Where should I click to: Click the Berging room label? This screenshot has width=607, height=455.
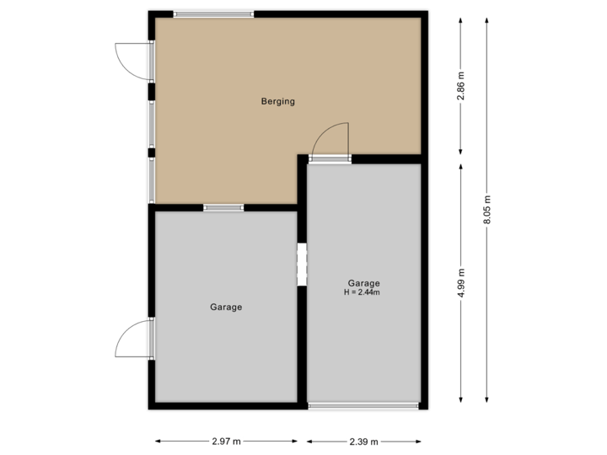278,102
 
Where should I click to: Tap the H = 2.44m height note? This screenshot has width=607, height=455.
363,293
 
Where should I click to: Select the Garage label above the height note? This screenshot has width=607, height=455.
363,283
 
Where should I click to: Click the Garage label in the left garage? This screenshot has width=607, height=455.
226,308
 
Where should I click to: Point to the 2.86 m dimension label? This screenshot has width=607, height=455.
460,86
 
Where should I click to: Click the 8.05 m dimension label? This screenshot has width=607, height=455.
487,211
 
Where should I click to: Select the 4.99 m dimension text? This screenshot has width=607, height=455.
460,282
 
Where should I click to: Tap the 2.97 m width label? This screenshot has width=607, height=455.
226,441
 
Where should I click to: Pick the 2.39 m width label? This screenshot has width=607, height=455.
363,441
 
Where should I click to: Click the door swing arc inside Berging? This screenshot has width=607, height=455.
332,136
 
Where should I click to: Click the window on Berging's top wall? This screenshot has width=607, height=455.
213,13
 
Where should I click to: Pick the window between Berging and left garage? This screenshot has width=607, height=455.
223,208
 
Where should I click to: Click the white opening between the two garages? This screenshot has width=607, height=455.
302,265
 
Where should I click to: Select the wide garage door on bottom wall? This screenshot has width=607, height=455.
363,406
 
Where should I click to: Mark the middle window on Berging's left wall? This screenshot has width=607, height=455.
152,125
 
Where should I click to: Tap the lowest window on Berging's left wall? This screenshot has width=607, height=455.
152,179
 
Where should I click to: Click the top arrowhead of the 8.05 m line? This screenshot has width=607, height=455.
487,19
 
